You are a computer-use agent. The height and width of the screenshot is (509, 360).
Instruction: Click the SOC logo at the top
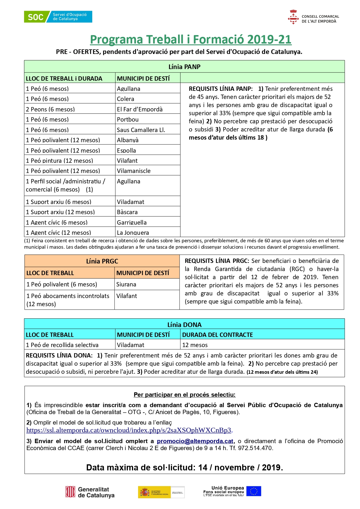coord(58,17)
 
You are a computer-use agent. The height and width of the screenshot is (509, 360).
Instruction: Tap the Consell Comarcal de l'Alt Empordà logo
coord(314,17)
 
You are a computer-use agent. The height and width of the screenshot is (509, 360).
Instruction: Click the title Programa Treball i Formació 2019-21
coord(191,39)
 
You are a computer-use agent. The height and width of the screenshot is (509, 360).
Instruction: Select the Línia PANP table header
coord(184,67)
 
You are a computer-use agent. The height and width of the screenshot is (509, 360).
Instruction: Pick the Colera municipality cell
coord(126,99)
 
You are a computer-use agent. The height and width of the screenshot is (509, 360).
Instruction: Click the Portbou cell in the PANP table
coord(128,120)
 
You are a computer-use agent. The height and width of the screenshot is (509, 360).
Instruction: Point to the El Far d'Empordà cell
coord(140,109)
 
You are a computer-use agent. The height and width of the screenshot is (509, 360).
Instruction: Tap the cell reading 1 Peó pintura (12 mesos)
coord(59,161)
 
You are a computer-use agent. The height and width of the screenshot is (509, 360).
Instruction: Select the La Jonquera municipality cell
coord(133,232)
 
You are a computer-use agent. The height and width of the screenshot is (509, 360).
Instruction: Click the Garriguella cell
coord(132,223)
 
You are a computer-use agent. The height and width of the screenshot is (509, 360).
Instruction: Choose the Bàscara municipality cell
coord(127,212)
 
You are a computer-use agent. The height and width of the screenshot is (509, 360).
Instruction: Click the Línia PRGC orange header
coord(102,261)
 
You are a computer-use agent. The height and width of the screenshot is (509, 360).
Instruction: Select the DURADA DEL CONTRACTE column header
coord(218,335)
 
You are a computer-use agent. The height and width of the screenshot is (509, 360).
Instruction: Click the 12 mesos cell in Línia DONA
coord(195,345)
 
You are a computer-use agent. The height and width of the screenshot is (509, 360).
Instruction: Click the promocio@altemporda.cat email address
coord(195,441)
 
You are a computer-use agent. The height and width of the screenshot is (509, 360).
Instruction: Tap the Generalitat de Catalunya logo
coord(90,492)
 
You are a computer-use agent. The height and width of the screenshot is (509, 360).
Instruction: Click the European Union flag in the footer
coord(254,491)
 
